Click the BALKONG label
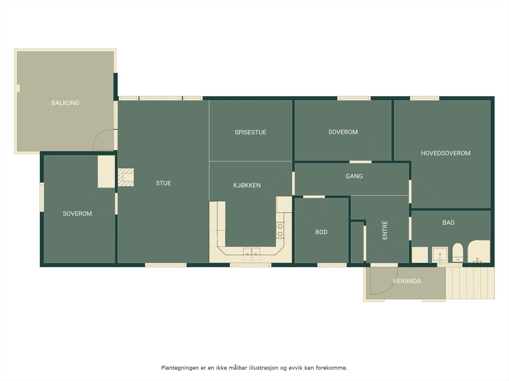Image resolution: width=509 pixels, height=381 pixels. pos(65,103)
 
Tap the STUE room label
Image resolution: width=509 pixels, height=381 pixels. pos(163,183)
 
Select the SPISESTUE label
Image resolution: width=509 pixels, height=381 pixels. pos(250,132)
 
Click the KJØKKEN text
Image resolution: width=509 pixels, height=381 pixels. pos(247,185)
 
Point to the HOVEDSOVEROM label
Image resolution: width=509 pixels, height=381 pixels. pos(445,153)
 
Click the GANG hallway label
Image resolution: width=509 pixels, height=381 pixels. pos(354,176)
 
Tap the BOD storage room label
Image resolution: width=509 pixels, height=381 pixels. pos(321,232)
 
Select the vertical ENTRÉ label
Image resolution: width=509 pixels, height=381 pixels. pos(385,230)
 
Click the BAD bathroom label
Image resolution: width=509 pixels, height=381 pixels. pos(448,223)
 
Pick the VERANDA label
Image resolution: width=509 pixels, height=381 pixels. pos(407,281)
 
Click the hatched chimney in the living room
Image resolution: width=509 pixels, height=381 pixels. pos(126,177)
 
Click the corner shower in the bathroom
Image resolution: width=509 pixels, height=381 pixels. pos(479,252)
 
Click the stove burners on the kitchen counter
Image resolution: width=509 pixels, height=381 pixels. pos(280,230)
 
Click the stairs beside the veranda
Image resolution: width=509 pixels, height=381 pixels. pos(470,283)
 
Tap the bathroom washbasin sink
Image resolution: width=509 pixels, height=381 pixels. pos(440,254)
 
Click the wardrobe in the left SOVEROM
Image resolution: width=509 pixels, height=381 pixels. pos(106,171)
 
